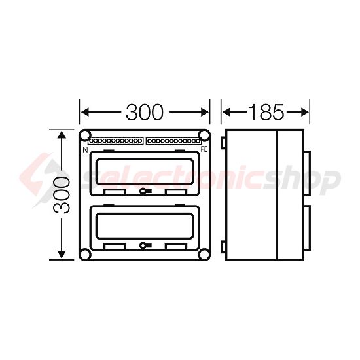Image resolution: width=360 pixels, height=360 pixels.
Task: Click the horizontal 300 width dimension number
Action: click(x=145, y=113)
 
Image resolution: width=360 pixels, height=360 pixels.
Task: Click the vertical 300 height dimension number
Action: click(x=62, y=195)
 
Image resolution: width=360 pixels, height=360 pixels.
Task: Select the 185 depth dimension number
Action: click(x=266, y=113)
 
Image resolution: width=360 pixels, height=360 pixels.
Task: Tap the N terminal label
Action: click(x=85, y=149)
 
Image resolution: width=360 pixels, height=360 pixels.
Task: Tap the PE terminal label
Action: click(x=204, y=149)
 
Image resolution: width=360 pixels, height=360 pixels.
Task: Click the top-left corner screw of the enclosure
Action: click(x=85, y=135)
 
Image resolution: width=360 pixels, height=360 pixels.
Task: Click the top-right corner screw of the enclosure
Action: click(x=204, y=135)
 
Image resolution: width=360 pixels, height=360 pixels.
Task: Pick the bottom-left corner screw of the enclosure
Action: click(x=85, y=255)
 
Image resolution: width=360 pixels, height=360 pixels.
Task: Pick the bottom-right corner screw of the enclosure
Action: click(x=204, y=255)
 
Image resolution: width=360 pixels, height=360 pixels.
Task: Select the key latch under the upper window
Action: click(x=144, y=192)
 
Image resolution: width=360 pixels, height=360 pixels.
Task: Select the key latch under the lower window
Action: click(x=144, y=246)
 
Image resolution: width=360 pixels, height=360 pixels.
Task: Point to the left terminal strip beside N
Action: click(x=115, y=140)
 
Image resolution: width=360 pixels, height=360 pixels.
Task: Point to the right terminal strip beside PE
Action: click(x=173, y=140)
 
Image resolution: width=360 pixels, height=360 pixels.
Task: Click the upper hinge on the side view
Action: click(x=223, y=141)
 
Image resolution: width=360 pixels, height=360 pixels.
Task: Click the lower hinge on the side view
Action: click(x=223, y=247)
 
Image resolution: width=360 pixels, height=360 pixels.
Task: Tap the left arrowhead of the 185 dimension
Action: click(x=226, y=113)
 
